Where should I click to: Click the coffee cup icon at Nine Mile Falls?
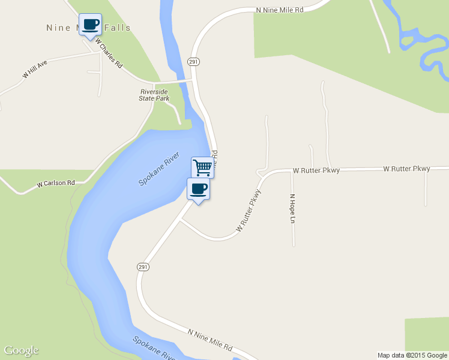(x=91, y=25)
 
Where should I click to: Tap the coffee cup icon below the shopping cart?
(x=199, y=189)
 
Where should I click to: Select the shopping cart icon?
(x=203, y=167)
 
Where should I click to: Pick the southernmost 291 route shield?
(x=142, y=267)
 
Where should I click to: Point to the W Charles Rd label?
(x=108, y=54)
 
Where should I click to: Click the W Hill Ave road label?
(x=35, y=69)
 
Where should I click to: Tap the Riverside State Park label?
(x=154, y=95)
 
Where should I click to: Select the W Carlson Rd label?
(x=55, y=182)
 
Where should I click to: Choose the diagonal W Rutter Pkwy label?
(x=249, y=211)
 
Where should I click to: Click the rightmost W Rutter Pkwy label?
(x=406, y=169)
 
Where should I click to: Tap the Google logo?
(x=21, y=350)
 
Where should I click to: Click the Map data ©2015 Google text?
(x=412, y=355)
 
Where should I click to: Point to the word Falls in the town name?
(x=118, y=28)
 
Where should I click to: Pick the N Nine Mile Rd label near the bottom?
(x=209, y=340)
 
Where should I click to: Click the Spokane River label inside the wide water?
(x=160, y=169)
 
